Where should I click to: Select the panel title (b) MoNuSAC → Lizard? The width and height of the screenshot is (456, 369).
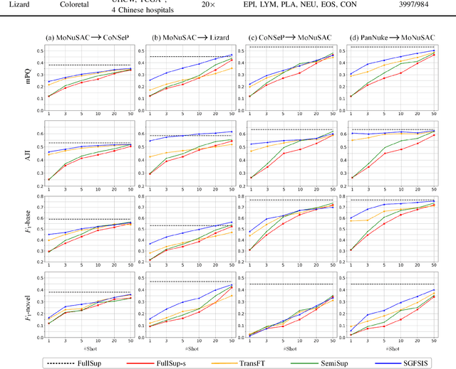[x=194, y=38]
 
